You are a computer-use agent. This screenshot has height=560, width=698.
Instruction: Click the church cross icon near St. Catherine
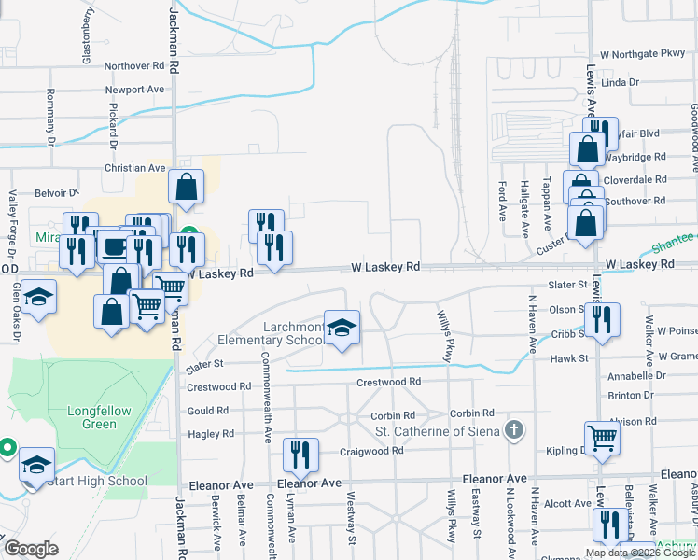coord(512,430)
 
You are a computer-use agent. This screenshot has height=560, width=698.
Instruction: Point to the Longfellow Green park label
coord(99,417)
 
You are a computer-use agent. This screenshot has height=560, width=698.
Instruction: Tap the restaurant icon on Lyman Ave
coord(300,455)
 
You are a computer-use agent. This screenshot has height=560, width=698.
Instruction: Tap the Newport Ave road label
coord(134,90)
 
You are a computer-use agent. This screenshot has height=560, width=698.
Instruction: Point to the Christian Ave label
coord(134,168)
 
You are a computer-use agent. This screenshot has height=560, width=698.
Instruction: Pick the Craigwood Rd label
coord(371,450)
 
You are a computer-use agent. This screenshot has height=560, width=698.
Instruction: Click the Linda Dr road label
coord(620,82)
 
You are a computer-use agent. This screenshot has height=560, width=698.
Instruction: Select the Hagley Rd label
coord(211,434)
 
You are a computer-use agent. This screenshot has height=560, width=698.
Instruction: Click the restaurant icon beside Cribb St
coord(603,320)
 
